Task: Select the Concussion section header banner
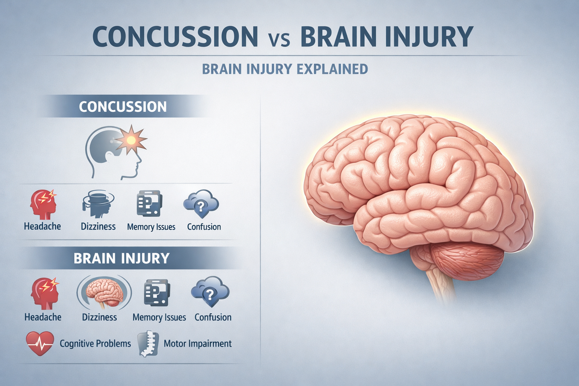(122, 106)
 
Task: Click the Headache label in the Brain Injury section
(43, 317)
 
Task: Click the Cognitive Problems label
(95, 343)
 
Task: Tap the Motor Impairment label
(197, 343)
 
